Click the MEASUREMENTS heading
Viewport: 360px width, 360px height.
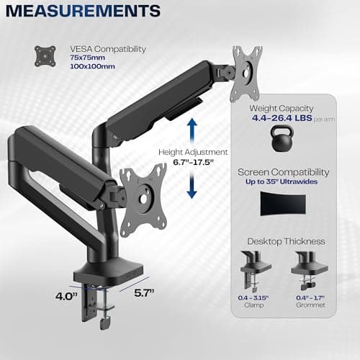tap(84, 12)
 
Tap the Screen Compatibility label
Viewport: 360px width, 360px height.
tap(283, 173)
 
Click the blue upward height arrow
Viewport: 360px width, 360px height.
tap(192, 132)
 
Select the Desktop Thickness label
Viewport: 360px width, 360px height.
tap(282, 241)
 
